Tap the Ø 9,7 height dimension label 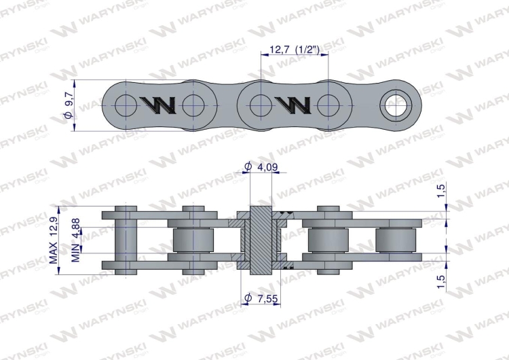coord(68,105)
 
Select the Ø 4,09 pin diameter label coord(261,166)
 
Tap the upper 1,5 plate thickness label coord(440,192)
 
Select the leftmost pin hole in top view coord(126,105)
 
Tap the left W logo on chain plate coord(159,105)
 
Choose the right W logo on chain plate coord(294,105)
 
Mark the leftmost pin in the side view coord(126,239)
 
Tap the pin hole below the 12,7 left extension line coord(259,105)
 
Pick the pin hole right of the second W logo coord(328,105)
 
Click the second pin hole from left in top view coord(193,105)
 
